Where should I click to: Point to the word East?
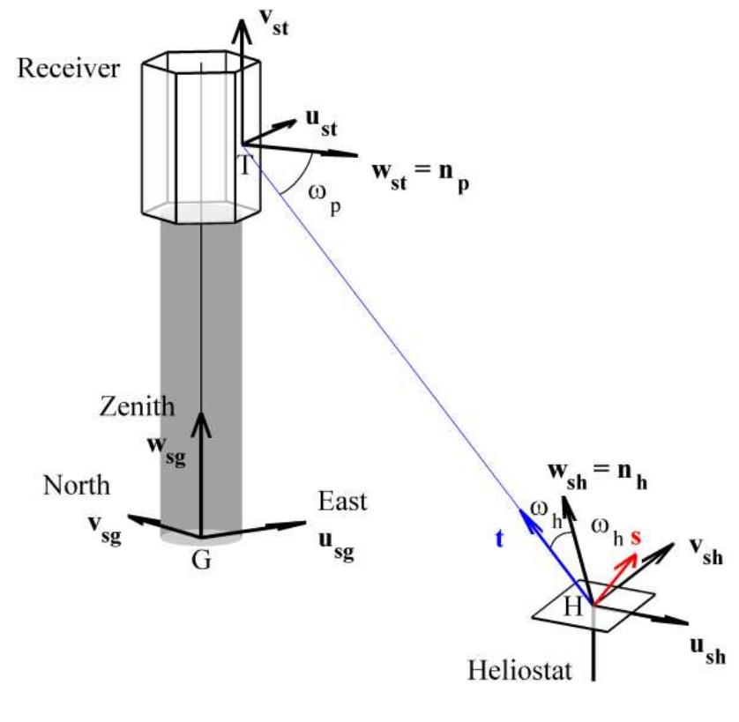pos(340,502)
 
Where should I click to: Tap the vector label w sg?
pos(165,446)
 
